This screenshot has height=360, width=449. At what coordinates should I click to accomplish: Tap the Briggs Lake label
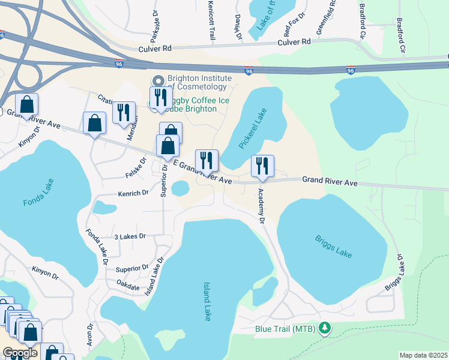point(333,246)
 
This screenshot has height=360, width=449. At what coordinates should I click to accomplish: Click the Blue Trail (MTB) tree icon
point(325,328)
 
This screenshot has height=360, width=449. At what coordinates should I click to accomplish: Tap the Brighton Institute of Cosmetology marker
point(158,81)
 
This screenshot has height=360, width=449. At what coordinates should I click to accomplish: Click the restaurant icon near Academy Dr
point(262,166)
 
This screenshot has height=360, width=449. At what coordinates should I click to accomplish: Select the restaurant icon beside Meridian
point(124,112)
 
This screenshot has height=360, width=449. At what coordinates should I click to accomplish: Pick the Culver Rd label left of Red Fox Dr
point(155,47)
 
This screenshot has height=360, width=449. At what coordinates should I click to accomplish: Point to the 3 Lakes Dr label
point(130,236)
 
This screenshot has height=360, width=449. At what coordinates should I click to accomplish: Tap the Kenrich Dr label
point(133,193)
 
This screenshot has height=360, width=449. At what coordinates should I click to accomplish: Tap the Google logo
point(20,353)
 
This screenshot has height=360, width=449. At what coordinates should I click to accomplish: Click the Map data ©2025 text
point(424,355)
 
